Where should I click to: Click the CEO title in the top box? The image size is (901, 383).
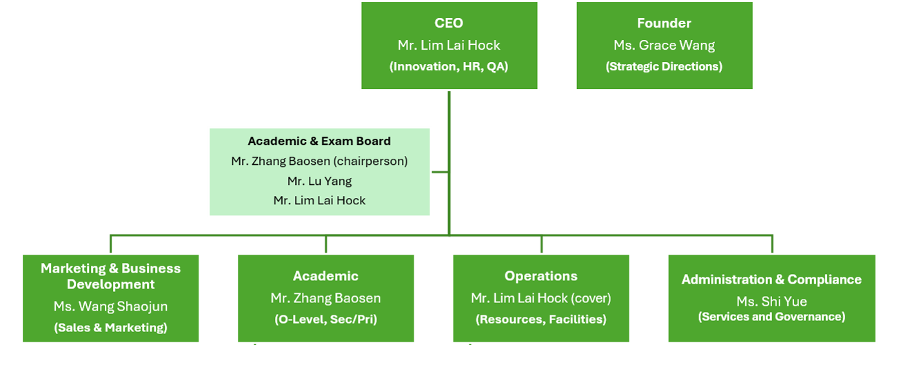point(449,23)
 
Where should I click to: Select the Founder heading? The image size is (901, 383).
point(664,23)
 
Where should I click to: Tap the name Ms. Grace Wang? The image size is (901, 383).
point(664,45)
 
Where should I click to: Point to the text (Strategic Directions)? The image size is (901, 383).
point(664,66)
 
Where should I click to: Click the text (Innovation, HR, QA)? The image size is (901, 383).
point(449,66)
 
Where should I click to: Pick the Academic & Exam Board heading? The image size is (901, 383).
point(319,141)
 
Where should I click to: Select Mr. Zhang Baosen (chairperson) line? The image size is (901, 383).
point(319,161)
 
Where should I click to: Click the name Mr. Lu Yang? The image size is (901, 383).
point(319,181)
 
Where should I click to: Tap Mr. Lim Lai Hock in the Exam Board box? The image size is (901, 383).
point(319,201)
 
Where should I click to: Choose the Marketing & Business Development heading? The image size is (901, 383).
point(110,276)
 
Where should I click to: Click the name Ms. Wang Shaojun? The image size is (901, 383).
point(110,306)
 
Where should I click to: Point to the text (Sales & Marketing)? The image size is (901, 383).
point(110,327)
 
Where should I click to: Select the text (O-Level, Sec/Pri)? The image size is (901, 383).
point(326,320)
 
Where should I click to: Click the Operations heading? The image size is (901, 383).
point(541,276)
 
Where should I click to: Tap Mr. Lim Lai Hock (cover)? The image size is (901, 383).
point(541,298)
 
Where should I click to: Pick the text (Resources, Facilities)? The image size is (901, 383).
point(541,320)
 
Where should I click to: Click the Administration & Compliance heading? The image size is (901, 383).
point(771,279)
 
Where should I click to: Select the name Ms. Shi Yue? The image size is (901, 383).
point(771,302)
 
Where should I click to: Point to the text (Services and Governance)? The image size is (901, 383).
point(771,317)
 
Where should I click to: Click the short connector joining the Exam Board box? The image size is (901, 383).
point(440,172)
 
